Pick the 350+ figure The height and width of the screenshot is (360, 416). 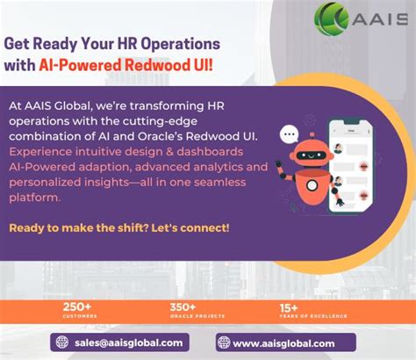(x=183, y=307)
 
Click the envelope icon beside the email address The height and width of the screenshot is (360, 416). (x=62, y=343)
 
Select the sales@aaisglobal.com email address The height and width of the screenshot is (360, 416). (x=128, y=343)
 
